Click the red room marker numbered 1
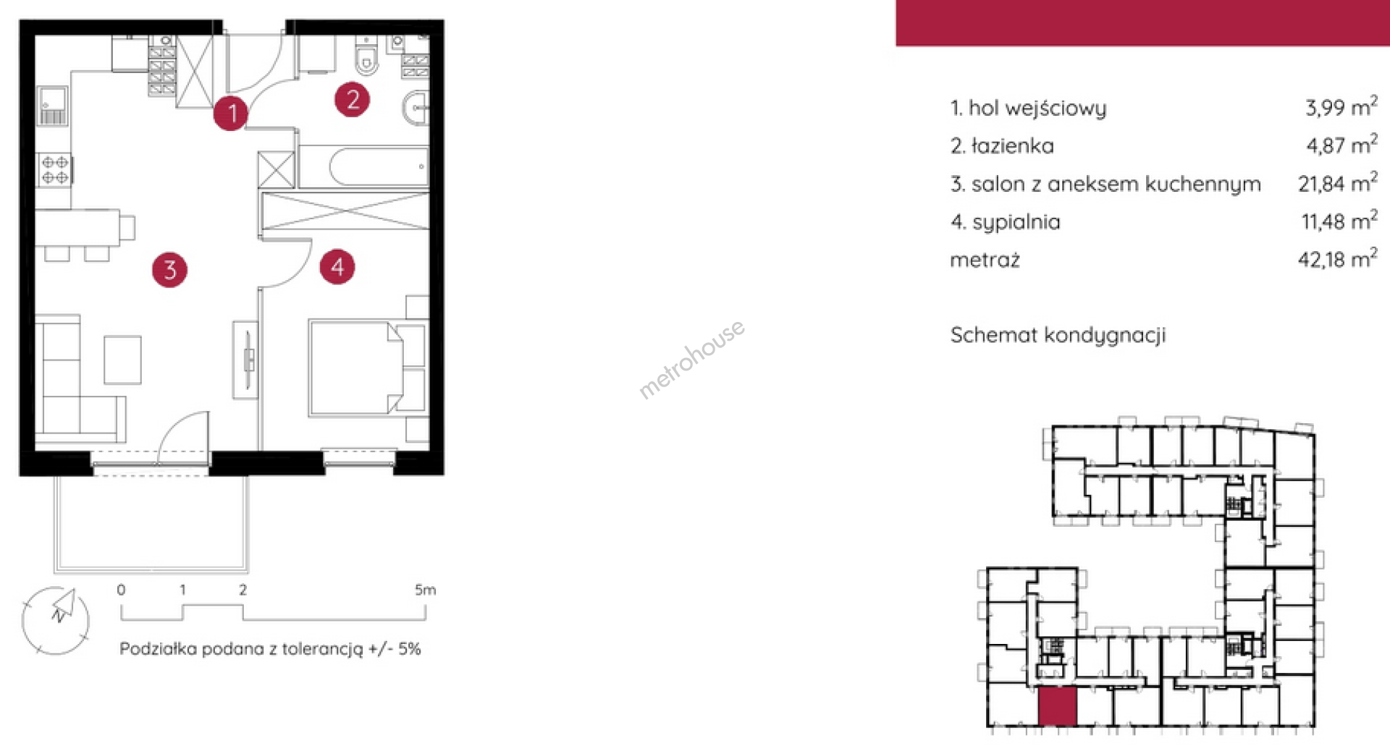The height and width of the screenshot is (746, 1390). [x=231, y=113]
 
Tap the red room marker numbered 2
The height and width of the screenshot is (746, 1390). [x=353, y=99]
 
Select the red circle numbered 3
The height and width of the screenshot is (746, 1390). [x=170, y=270]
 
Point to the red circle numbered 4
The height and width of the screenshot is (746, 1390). [x=337, y=267]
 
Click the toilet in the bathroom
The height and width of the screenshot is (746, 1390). [x=366, y=54]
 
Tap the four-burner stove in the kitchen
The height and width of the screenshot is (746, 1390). [x=55, y=170]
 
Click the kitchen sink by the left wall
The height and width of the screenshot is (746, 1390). [x=53, y=106]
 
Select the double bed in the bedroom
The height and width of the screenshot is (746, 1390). [x=356, y=368]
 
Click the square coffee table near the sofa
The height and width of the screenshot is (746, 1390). [x=122, y=360]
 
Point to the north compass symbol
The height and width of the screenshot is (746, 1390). [x=56, y=620]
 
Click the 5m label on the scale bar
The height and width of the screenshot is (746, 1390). [x=425, y=590]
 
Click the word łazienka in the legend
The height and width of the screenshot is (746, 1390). [x=1012, y=146]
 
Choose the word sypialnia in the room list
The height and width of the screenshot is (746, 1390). [x=1016, y=222]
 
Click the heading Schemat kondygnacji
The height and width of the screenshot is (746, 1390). [x=1058, y=335]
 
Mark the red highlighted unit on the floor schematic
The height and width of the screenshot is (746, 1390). [x=1058, y=707]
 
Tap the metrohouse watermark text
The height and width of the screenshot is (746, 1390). [x=691, y=359]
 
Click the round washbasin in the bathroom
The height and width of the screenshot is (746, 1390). [x=416, y=109]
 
